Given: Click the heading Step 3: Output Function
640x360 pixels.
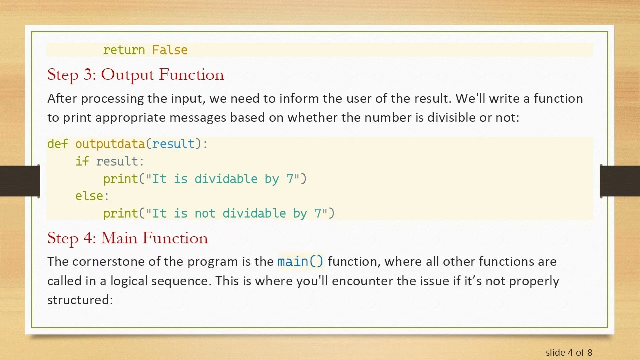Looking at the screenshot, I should pyautogui.click(x=135, y=75).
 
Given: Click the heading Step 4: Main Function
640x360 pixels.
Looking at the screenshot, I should pyautogui.click(x=127, y=238).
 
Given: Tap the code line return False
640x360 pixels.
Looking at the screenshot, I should pyautogui.click(x=145, y=50).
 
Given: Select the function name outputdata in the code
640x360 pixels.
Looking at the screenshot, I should pyautogui.click(x=110, y=144).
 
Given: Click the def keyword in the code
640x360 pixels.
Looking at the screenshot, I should pyautogui.click(x=57, y=144).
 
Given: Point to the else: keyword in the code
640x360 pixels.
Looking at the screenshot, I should pyautogui.click(x=92, y=196).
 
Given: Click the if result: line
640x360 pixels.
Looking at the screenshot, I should pyautogui.click(x=110, y=161).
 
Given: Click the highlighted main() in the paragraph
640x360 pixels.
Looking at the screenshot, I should pyautogui.click(x=300, y=261).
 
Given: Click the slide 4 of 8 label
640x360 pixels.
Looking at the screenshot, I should pyautogui.click(x=569, y=352).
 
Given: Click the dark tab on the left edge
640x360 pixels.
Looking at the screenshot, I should pyautogui.click(x=19, y=180).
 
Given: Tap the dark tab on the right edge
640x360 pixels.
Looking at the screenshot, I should pyautogui.click(x=620, y=180).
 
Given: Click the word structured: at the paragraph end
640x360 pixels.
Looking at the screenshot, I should pyautogui.click(x=80, y=300).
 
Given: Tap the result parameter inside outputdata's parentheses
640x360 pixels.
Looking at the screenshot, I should pyautogui.click(x=173, y=144).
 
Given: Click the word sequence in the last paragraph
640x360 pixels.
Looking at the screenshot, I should pyautogui.click(x=185, y=281).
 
